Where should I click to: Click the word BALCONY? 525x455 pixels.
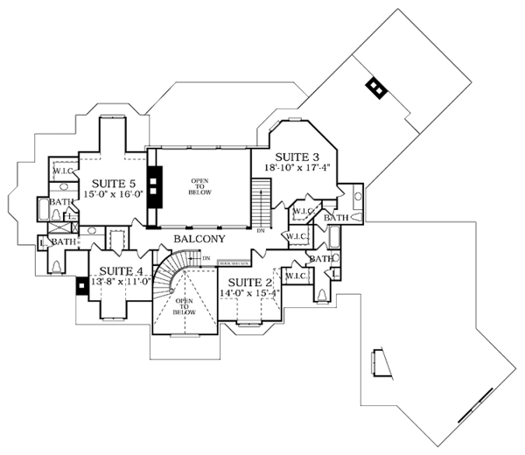tap(199, 238)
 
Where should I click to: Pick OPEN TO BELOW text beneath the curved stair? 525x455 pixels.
tap(182, 304)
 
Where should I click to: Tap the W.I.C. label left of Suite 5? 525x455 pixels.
tap(61, 171)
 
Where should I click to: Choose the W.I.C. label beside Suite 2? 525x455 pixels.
tap(294, 276)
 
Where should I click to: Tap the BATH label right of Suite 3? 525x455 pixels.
tap(336, 216)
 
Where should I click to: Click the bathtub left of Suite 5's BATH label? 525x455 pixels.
tap(44, 211)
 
